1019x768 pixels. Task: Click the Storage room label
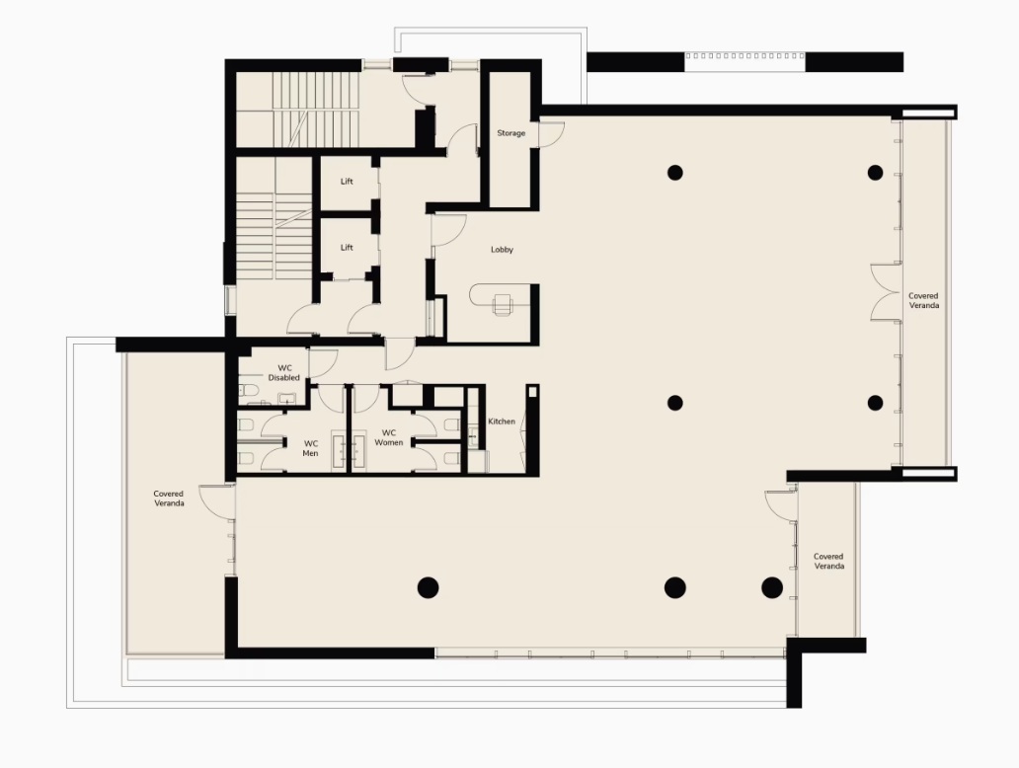click(510, 133)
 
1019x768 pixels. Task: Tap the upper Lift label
click(347, 182)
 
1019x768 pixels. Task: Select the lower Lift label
click(347, 248)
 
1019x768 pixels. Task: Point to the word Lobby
click(502, 250)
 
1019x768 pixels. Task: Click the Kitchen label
click(501, 422)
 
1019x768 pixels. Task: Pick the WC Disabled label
click(284, 373)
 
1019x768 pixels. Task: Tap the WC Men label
click(311, 448)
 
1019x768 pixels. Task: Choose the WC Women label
click(389, 437)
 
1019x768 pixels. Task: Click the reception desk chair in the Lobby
click(502, 304)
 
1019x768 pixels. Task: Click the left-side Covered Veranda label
click(169, 499)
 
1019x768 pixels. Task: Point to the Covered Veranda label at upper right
click(923, 300)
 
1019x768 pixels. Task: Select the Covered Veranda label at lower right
click(828, 562)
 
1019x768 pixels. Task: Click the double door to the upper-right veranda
click(886, 292)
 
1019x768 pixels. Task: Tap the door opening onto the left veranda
click(215, 500)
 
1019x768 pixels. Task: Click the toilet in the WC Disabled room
click(248, 391)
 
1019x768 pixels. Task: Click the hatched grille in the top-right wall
click(745, 56)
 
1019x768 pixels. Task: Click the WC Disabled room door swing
click(322, 364)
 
